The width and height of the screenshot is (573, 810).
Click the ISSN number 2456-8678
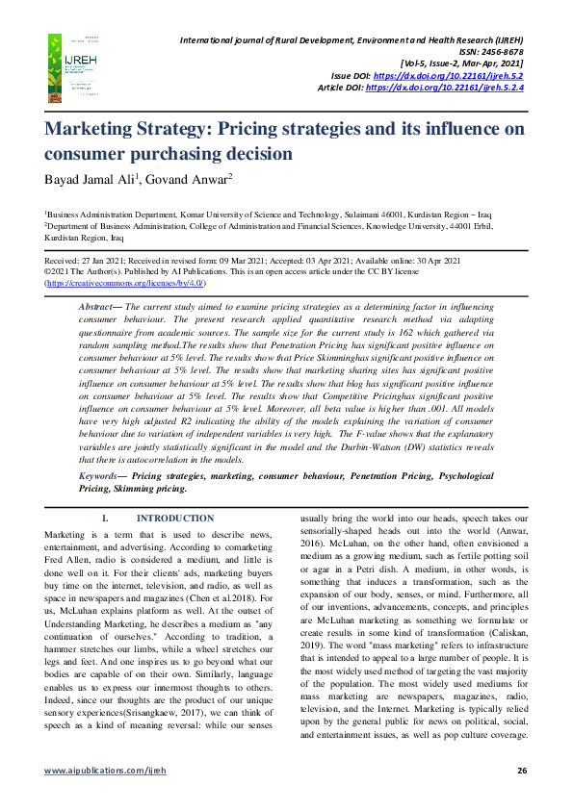(x=500, y=51)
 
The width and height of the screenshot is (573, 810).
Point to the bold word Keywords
(x=100, y=476)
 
